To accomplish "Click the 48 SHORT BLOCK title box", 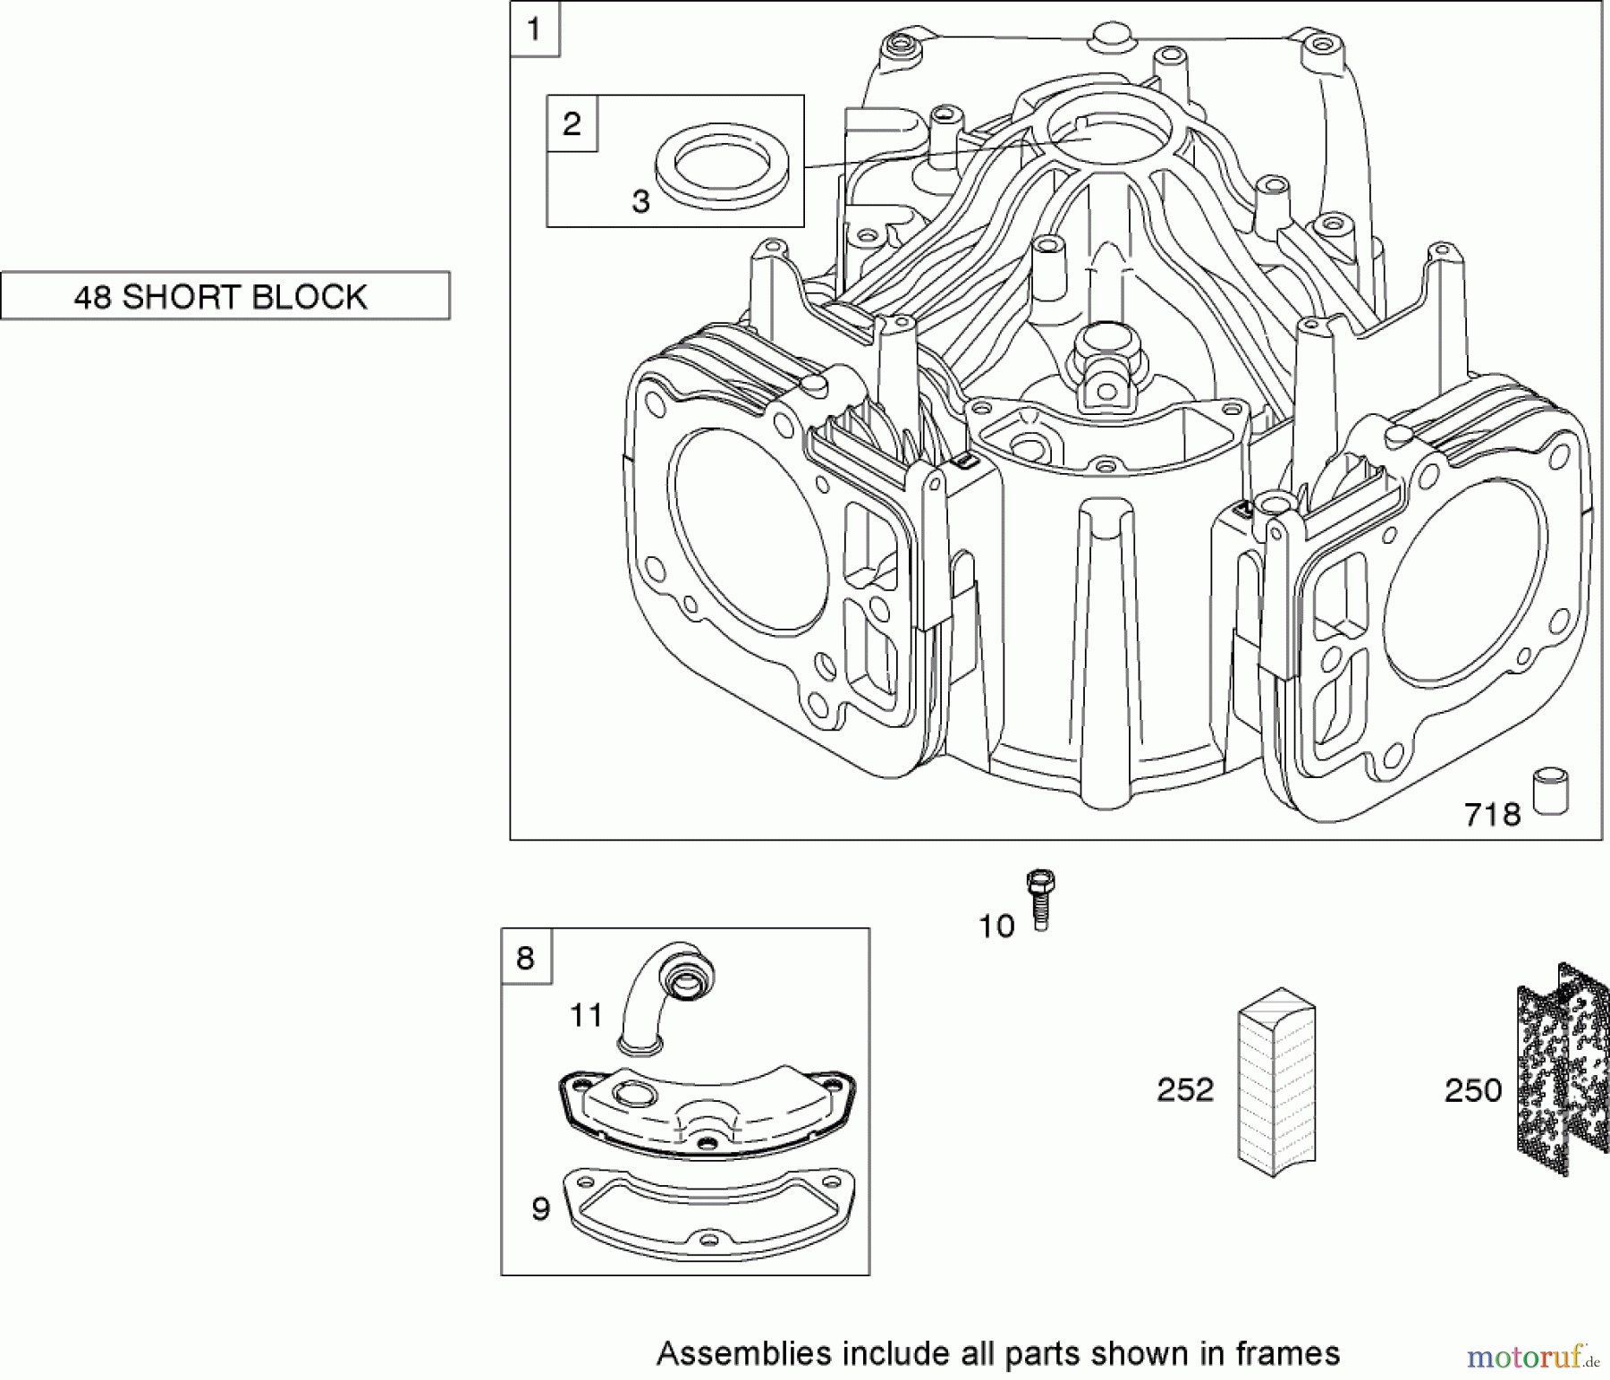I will point(225,296).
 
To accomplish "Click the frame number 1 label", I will point(534,30).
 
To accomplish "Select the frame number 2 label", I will point(572,123).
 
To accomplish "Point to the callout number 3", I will point(640,202).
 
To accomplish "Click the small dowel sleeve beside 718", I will point(1551,792).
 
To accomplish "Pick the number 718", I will point(1492,815).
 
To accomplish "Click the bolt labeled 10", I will point(1040,899).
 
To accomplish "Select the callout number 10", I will point(996,927).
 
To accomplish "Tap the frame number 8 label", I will point(525,958).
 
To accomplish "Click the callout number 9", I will point(540,1209).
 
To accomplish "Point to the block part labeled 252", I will point(1276,1082).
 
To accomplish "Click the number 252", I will point(1185,1090).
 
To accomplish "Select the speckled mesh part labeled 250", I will point(1556,1069).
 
